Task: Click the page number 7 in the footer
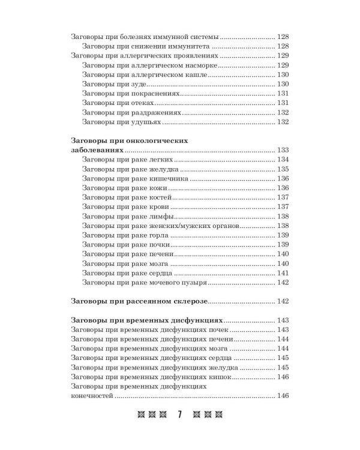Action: click(179, 415)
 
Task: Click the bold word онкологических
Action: click(155, 140)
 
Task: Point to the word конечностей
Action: click(92, 395)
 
